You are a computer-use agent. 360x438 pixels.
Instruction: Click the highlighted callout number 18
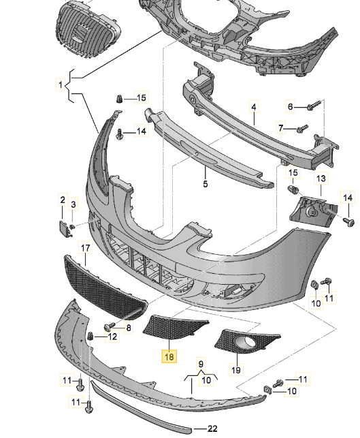169,357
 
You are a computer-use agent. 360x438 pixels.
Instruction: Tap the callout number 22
212,428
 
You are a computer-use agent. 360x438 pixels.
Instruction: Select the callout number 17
85,248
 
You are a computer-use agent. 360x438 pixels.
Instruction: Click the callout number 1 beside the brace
61,84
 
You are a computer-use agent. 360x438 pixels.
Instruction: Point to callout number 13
321,178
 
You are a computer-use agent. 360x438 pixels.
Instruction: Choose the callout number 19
236,370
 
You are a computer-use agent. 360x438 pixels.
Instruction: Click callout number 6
290,106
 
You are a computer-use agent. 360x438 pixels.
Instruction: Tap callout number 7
281,128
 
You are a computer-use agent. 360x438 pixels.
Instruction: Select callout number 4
254,107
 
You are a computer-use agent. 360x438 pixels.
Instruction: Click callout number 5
206,184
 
